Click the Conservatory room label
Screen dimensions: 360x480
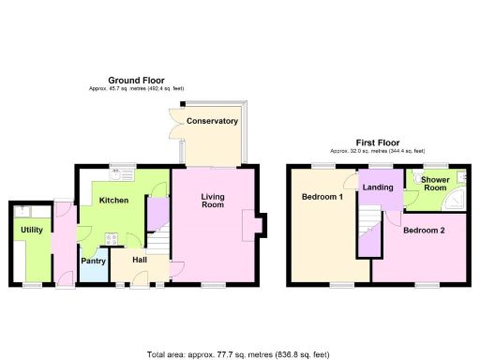coord(212,121)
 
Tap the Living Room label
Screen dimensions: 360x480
coord(212,200)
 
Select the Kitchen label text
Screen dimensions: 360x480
coord(114,200)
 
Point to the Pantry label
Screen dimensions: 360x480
coord(92,261)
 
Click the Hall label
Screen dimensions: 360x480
coord(139,260)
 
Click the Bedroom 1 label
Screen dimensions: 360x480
coord(322,197)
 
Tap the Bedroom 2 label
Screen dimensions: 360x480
coord(424,230)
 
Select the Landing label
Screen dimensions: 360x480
coord(378,187)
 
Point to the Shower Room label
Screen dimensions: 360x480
coord(433,183)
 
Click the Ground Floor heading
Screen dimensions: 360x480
coord(136,80)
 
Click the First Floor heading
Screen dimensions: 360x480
coord(378,142)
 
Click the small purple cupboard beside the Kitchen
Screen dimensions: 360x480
coord(155,212)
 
